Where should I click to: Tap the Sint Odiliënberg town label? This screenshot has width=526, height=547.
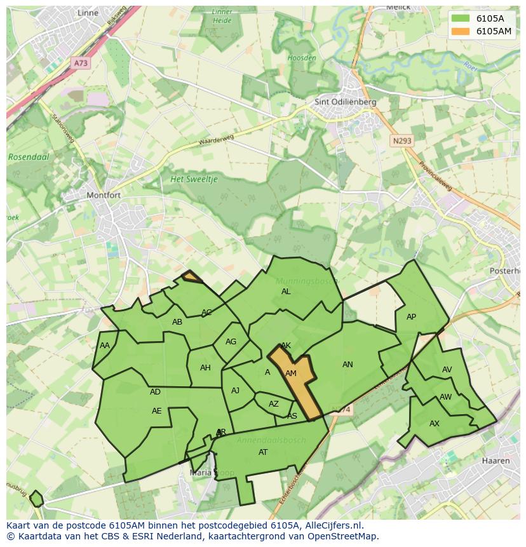tap(346, 102)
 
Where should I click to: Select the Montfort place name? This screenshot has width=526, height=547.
tap(103, 195)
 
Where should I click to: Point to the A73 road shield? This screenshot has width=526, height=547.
tap(81, 63)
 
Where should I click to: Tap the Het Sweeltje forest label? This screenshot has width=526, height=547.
tap(194, 179)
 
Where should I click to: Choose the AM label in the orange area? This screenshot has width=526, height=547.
tap(291, 374)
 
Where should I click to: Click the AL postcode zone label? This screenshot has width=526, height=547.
tap(286, 292)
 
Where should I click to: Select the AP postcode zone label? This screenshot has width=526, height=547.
tap(411, 317)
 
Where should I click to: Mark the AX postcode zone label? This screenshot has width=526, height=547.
tap(435, 423)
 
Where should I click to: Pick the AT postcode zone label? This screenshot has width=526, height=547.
tap(263, 452)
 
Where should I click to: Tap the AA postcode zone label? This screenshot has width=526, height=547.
tap(105, 346)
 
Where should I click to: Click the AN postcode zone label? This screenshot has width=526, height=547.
tap(347, 365)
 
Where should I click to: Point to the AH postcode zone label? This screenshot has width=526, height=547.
tap(205, 368)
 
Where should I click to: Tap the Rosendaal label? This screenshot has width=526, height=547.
tap(25, 156)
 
